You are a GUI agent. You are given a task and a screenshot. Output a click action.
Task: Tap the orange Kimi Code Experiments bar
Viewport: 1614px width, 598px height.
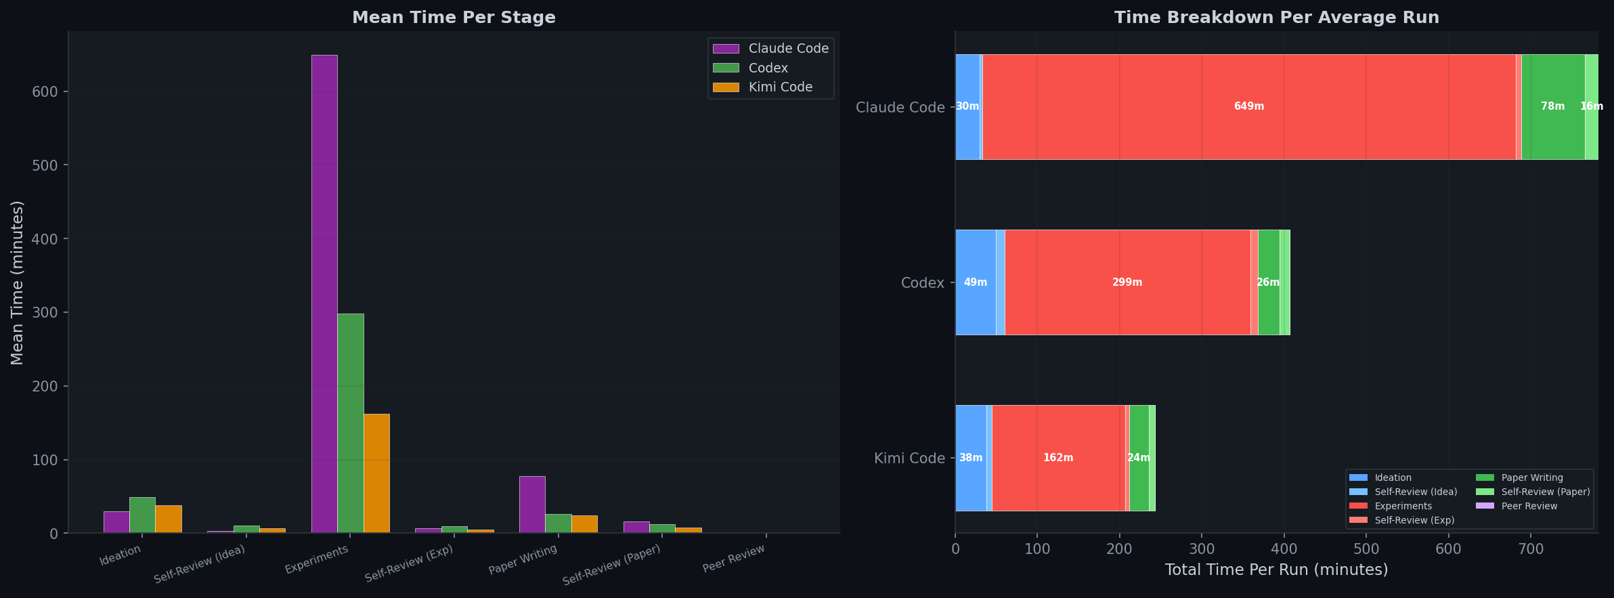pos(376,473)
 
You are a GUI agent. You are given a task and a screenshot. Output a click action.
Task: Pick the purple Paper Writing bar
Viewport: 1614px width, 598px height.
pos(532,505)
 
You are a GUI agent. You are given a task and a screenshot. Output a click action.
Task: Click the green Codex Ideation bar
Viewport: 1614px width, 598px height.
pos(142,515)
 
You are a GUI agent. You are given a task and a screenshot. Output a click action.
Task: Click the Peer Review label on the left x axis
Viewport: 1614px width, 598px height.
pos(734,559)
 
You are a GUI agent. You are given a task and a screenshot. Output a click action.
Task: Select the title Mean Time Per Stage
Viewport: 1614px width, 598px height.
pos(454,18)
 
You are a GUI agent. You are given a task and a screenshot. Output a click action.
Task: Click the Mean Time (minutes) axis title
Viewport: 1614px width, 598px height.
pos(18,282)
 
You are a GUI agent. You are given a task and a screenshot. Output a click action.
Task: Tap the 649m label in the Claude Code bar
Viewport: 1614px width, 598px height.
pos(1248,106)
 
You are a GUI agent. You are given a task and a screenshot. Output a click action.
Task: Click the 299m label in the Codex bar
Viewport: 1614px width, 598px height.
pos(1127,282)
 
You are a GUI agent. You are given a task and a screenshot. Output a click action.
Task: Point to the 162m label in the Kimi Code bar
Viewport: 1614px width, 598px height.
pos(1057,458)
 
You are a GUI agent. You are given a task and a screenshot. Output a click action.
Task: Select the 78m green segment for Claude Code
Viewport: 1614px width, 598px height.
pos(1552,106)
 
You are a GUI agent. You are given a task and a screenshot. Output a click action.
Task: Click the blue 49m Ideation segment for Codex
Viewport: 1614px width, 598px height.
pos(975,282)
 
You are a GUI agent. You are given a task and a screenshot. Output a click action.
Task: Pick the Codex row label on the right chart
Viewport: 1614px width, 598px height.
pos(922,283)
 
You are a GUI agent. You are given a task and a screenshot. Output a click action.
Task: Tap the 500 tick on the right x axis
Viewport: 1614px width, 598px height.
pos(1366,549)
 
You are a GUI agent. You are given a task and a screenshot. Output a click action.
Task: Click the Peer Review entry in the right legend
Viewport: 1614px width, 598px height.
pos(1529,506)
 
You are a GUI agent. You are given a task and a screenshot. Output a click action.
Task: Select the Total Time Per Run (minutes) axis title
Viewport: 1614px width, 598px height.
pos(1276,570)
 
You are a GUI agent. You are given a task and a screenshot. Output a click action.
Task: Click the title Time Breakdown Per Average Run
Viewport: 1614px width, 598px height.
pos(1276,18)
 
